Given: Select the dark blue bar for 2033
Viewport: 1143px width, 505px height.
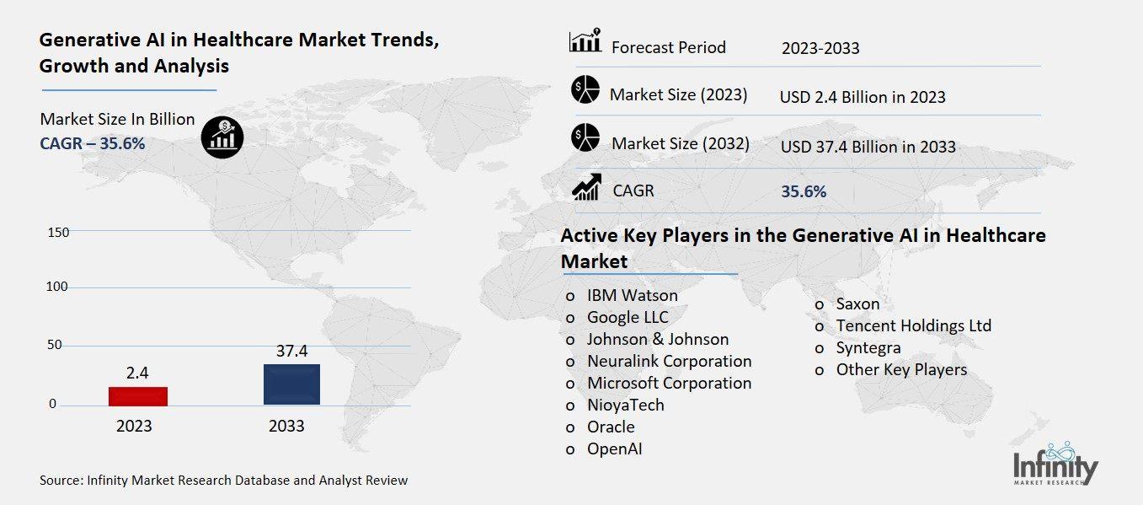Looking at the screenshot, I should [291, 384].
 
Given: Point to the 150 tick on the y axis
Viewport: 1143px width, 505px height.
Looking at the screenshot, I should [58, 232].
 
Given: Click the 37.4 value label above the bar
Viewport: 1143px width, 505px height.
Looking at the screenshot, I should [291, 351].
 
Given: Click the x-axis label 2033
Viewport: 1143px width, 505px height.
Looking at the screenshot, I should [286, 426].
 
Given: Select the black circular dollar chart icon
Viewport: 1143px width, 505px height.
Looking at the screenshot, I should [222, 137].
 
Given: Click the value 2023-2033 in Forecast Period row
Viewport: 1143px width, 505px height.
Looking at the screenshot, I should [820, 48].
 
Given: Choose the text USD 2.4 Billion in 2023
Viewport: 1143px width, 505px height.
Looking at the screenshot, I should [863, 97].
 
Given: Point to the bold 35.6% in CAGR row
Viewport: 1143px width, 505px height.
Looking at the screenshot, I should [804, 191].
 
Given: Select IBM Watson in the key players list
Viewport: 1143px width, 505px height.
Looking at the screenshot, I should [632, 296].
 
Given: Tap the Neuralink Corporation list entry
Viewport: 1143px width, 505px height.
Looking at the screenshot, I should [669, 361].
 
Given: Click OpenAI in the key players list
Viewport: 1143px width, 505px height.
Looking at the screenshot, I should [614, 449].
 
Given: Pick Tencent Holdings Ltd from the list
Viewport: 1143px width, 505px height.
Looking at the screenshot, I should [913, 325].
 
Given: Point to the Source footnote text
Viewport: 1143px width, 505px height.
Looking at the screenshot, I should [223, 481].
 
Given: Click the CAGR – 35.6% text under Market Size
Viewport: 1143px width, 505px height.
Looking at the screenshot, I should [93, 143].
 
